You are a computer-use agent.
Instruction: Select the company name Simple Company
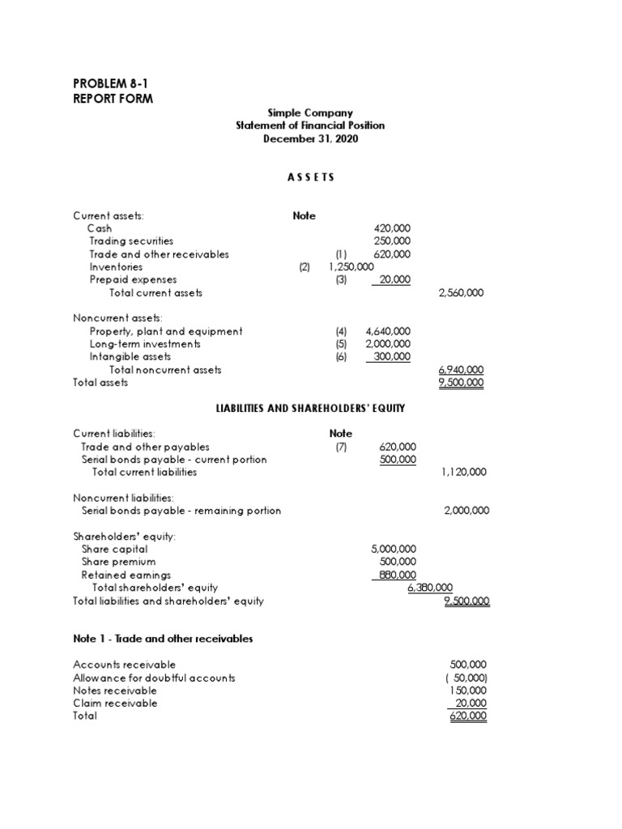[x=310, y=113]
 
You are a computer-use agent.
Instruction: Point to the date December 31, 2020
[x=310, y=139]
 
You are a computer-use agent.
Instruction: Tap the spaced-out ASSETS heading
[x=310, y=177]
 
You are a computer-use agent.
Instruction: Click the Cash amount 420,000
[x=392, y=228]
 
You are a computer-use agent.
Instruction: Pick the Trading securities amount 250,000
[x=392, y=241]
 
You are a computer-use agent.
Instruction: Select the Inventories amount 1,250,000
[x=351, y=267]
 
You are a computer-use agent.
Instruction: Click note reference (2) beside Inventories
[x=305, y=267]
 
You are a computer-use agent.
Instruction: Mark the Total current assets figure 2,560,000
[x=461, y=293]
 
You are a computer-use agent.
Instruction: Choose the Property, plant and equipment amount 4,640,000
[x=388, y=331]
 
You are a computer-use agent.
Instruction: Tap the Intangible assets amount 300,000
[x=391, y=357]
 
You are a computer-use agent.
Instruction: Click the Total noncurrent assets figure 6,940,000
[x=461, y=370]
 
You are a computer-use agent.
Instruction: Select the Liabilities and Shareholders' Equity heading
[x=310, y=408]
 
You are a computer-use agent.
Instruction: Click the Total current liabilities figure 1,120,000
[x=464, y=472]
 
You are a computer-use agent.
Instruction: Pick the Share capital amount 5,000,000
[x=394, y=549]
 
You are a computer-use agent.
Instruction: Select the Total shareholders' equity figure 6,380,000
[x=429, y=588]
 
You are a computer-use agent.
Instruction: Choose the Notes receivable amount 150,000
[x=467, y=691]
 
